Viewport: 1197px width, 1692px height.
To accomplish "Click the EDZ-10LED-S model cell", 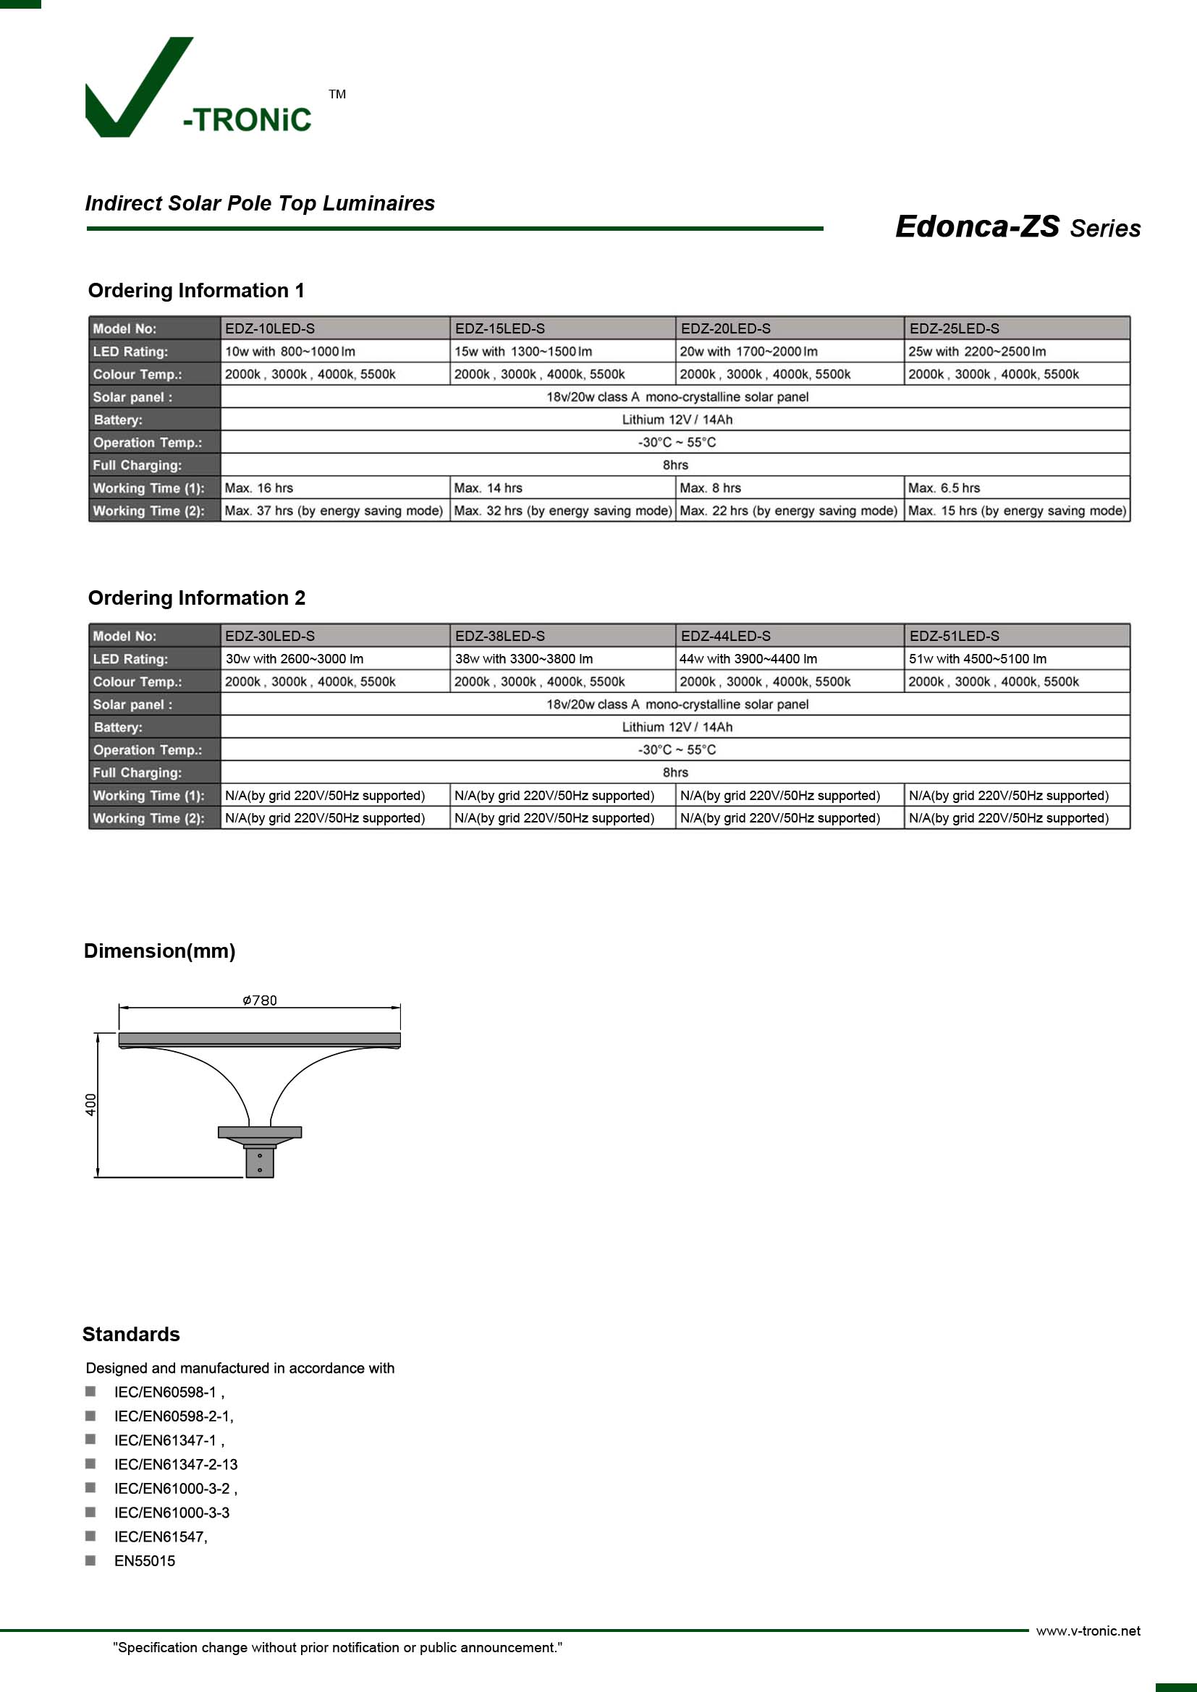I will click(x=270, y=328).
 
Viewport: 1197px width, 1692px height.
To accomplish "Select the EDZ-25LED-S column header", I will click(x=954, y=328).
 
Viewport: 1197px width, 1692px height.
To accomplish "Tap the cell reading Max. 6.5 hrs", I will click(x=944, y=488).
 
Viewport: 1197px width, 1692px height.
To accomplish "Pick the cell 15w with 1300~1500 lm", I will click(x=523, y=352).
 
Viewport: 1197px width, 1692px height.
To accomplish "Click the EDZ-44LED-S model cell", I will click(x=725, y=636).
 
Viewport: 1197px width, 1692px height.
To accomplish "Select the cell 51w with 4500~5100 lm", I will click(x=976, y=659).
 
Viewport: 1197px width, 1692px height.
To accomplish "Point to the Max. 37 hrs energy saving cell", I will click(x=333, y=511).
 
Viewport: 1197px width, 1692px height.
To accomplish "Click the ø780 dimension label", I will click(x=260, y=1000).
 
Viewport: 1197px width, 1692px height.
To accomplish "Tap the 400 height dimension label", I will click(x=90, y=1105).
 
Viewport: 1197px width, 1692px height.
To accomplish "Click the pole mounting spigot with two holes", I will click(x=260, y=1163).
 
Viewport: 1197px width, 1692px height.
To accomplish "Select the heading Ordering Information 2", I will click(x=196, y=598).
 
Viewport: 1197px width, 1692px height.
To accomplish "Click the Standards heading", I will click(x=131, y=1334).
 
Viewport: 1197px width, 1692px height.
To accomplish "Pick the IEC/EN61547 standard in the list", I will click(x=161, y=1536).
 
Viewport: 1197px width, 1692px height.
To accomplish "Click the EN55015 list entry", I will click(x=145, y=1561).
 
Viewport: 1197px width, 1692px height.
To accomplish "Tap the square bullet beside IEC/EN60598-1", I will click(x=90, y=1391).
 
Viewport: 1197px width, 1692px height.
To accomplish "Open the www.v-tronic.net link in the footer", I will click(x=1088, y=1631).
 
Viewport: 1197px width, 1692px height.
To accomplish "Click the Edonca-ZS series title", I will click(x=1017, y=227).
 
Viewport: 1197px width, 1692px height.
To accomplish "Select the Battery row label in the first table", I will click(x=118, y=420).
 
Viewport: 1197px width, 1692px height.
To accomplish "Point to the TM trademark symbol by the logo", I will click(x=337, y=94).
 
